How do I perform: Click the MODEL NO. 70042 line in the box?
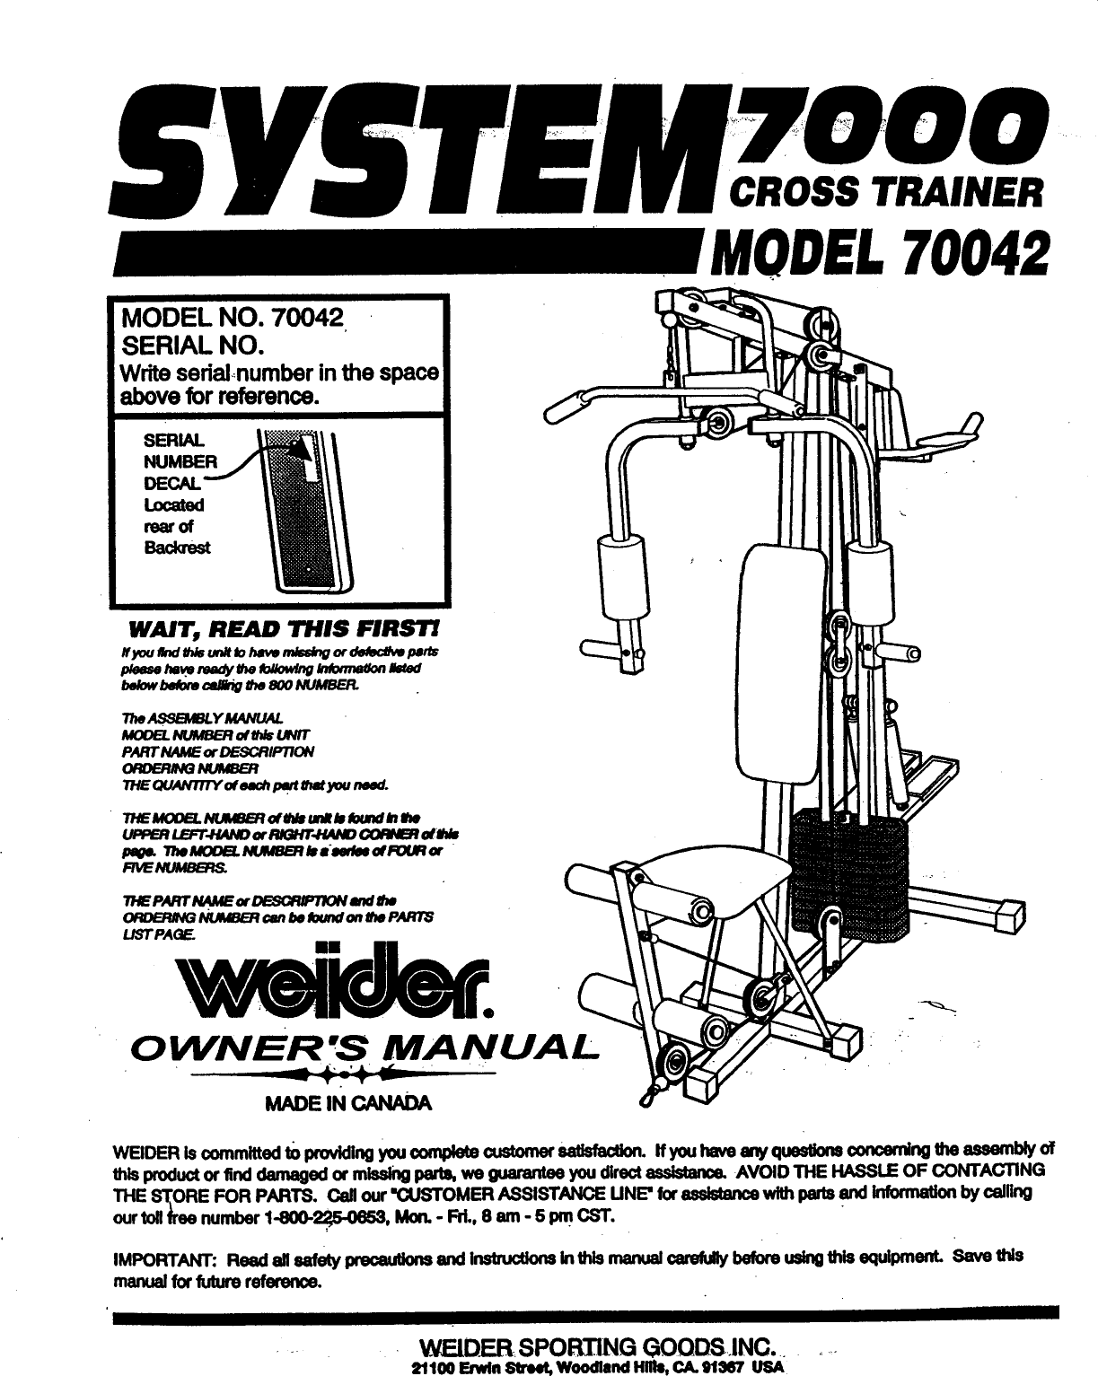click(233, 318)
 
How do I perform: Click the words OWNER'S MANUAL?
click(359, 1047)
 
